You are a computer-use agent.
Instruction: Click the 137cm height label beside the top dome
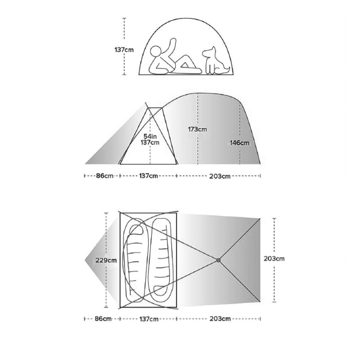[124, 50]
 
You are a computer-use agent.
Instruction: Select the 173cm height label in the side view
[197, 129]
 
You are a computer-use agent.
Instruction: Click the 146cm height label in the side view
[239, 143]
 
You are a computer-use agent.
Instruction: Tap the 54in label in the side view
[150, 137]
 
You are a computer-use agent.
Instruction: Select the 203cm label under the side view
[220, 176]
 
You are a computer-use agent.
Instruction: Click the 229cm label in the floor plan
[106, 260]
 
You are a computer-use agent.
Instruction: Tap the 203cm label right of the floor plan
[274, 259]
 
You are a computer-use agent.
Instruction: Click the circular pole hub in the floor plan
[219, 260]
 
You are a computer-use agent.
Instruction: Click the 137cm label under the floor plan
[149, 319]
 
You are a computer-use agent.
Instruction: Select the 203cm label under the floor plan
[220, 319]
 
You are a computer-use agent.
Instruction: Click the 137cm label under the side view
[148, 176]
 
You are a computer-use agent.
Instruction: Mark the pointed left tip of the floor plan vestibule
[85, 260]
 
